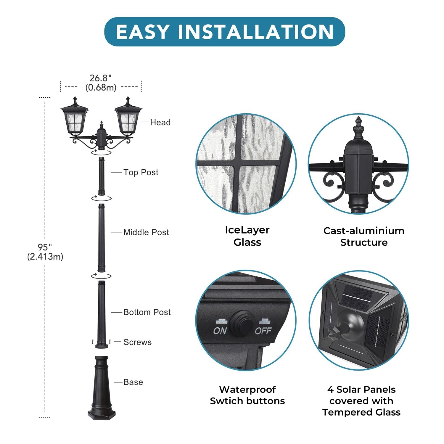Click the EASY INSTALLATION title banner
click(225, 32)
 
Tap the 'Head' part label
click(160, 122)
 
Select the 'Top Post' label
click(141, 172)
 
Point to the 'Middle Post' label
click(146, 232)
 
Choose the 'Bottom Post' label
click(147, 312)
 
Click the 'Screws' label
click(137, 342)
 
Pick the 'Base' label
click(133, 382)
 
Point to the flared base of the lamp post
click(102, 388)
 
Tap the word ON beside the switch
click(220, 331)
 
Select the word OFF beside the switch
click(263, 331)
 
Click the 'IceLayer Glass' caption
click(247, 236)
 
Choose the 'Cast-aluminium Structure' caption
click(364, 237)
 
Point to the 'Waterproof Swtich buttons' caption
click(247, 395)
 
